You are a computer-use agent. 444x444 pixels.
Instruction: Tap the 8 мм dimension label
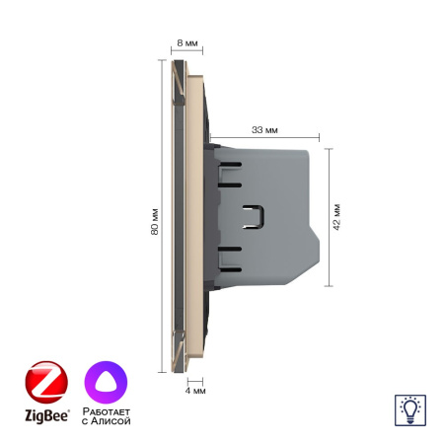click(185, 44)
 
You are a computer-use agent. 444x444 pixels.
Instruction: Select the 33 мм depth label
click(264, 129)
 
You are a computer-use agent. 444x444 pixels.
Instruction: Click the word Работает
click(108, 411)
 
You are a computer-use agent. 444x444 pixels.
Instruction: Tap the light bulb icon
click(408, 407)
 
